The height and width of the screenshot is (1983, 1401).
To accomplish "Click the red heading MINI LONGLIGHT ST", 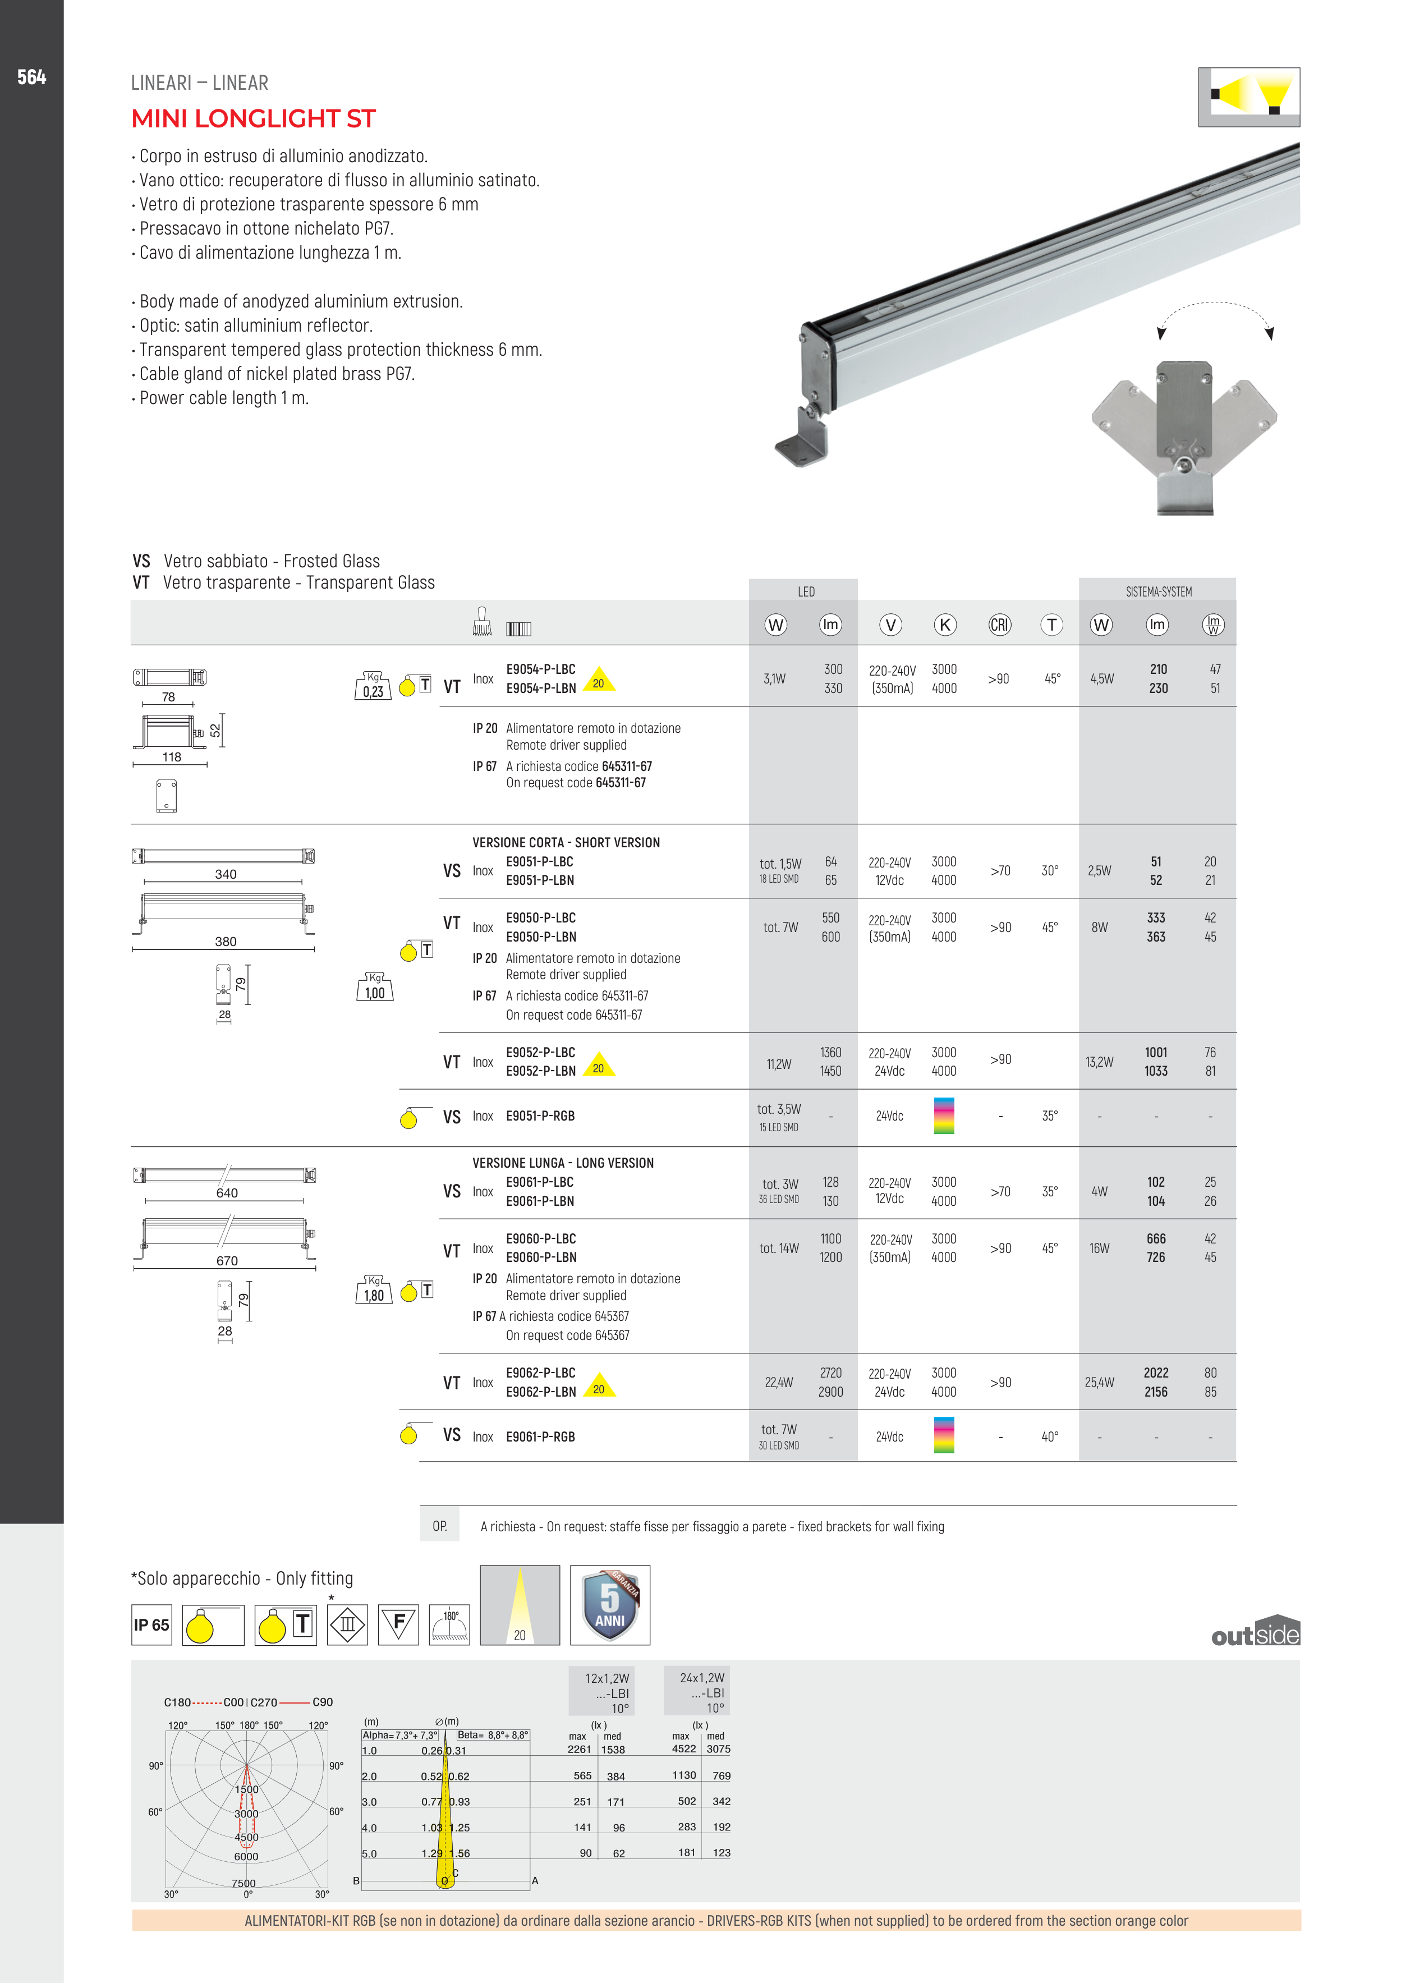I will (x=253, y=118).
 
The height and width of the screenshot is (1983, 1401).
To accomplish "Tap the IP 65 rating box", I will (x=151, y=1624).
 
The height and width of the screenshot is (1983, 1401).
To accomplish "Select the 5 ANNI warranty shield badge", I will (x=610, y=1605).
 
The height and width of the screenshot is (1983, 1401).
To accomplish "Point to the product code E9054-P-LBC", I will (x=541, y=669).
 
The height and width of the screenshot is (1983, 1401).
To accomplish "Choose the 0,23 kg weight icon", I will (x=373, y=687).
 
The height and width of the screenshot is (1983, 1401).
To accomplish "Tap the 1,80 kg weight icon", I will (x=374, y=1291).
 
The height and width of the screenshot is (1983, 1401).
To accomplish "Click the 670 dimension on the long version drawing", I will (x=227, y=1261).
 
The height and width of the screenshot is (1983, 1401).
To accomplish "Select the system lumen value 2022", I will (x=1156, y=1373).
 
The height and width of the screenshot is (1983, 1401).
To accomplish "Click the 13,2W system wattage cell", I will (x=1100, y=1062).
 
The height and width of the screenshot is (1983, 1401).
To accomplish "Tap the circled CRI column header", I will (x=999, y=625).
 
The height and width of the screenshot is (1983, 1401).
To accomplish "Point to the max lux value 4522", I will (x=683, y=1749).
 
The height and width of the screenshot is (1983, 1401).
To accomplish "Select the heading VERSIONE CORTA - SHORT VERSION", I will (x=566, y=842).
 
